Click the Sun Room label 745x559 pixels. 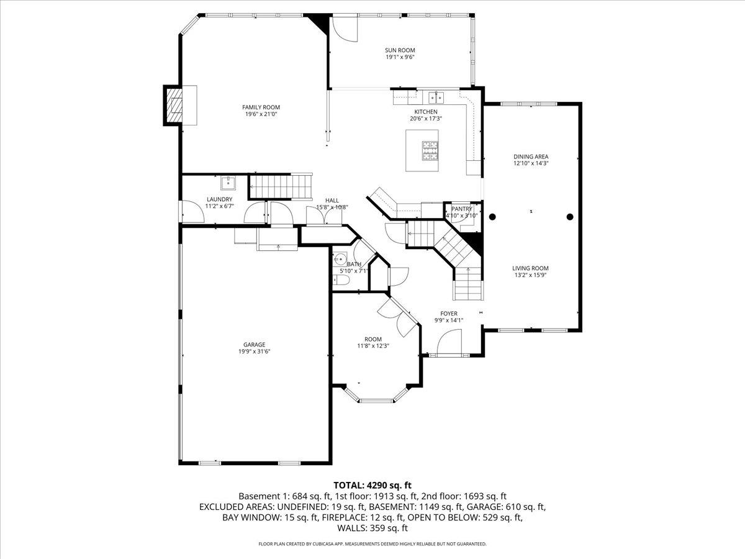click(400, 50)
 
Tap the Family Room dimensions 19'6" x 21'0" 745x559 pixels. click(261, 114)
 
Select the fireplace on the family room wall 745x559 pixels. click(174, 106)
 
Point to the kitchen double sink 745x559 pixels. click(436, 97)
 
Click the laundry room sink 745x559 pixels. click(228, 183)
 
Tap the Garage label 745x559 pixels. click(255, 345)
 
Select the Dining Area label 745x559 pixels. click(531, 157)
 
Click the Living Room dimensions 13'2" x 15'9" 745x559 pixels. click(530, 275)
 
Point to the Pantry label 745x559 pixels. click(461, 209)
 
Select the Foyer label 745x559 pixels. click(449, 314)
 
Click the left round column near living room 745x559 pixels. click(492, 217)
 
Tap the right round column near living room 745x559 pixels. click(570, 217)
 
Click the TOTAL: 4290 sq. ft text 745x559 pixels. click(372, 485)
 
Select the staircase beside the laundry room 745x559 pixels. click(279, 184)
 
